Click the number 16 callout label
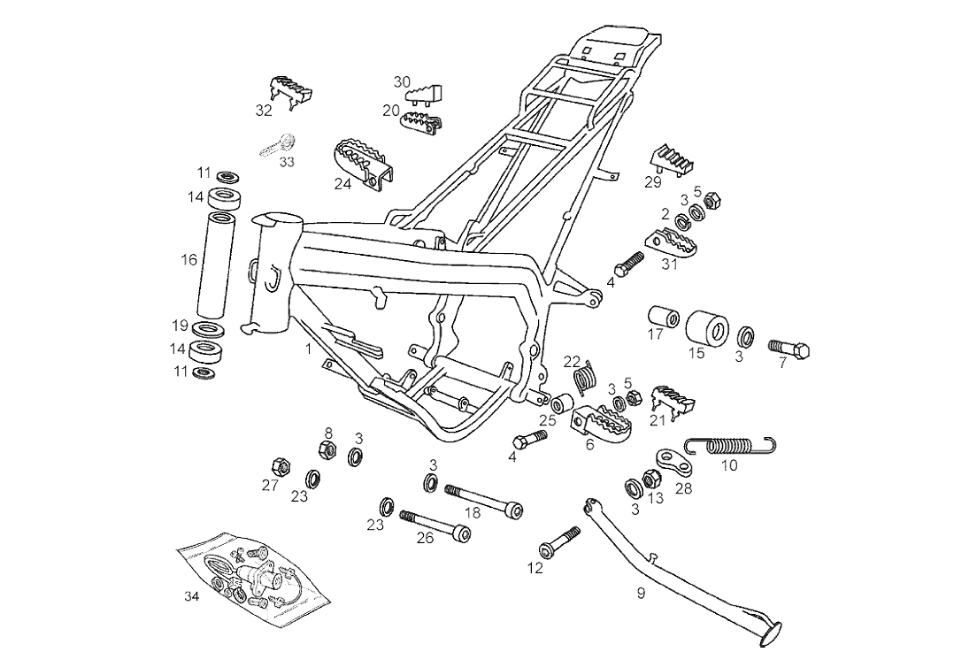189,260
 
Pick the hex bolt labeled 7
790,349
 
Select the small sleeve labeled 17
663,317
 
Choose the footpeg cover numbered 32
290,89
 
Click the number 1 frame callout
308,349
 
